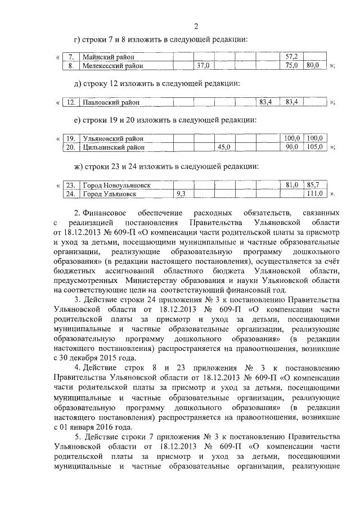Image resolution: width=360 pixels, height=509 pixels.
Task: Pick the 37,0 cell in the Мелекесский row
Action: (202, 66)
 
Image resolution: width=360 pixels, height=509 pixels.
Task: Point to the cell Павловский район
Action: (111, 102)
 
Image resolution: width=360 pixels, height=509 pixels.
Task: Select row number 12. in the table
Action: (71, 102)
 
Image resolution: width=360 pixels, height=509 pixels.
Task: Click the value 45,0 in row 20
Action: (224, 147)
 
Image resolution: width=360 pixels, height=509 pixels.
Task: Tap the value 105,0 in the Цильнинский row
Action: (313, 147)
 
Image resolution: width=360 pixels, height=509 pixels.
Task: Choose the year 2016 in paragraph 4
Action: (114, 426)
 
